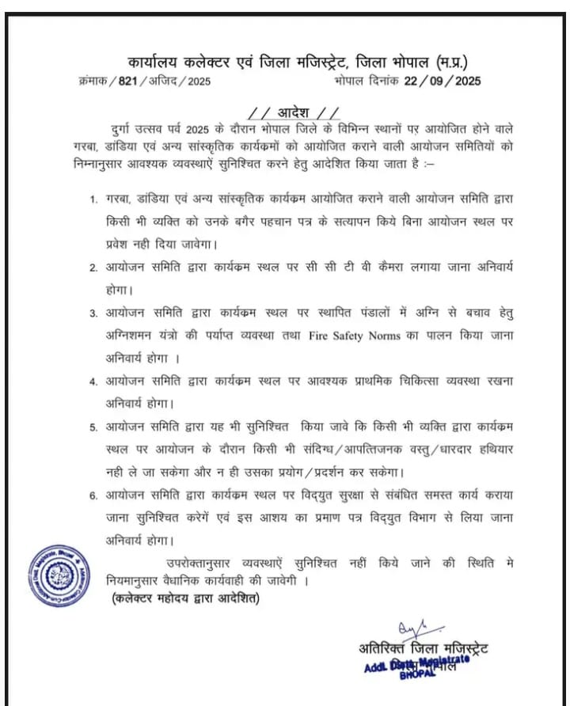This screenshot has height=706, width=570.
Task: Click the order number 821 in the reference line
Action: click(128, 81)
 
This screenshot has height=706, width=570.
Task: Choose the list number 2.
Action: click(93, 268)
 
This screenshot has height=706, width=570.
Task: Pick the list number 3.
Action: click(93, 314)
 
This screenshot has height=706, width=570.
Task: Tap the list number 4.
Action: click(93, 381)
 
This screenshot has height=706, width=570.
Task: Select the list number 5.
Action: click(93, 427)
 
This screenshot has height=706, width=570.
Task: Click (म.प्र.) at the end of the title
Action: click(457, 60)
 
